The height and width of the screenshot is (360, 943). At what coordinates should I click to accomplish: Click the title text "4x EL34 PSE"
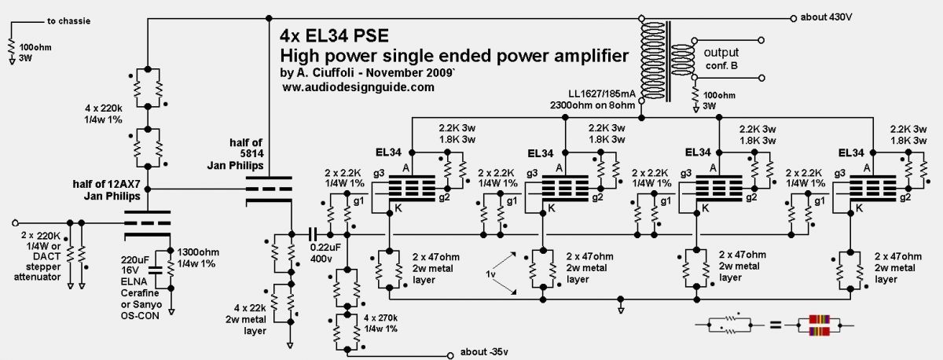(334, 36)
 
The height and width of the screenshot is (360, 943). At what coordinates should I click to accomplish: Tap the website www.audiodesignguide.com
(358, 87)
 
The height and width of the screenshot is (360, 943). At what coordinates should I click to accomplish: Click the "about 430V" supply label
(827, 17)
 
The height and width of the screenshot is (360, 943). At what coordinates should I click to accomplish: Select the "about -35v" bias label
(484, 351)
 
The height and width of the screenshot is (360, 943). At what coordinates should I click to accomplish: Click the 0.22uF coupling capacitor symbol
(313, 234)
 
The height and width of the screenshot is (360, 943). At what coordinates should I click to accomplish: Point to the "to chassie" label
(68, 21)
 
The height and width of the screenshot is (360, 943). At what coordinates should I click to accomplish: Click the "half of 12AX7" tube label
(106, 184)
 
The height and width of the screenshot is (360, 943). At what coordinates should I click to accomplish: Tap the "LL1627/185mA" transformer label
(602, 94)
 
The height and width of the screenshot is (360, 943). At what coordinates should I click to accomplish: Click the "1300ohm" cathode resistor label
(198, 252)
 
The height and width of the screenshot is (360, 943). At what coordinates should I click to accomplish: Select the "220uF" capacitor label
(134, 260)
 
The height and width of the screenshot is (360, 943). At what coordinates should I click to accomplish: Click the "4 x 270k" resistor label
(380, 318)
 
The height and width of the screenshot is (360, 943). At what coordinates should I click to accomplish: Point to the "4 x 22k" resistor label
(250, 308)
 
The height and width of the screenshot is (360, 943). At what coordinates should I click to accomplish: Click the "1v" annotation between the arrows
(490, 274)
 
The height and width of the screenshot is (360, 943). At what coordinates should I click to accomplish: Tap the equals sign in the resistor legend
(776, 325)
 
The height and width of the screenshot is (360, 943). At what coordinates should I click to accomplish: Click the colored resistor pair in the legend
(819, 325)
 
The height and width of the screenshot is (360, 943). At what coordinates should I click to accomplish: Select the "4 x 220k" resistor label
(104, 108)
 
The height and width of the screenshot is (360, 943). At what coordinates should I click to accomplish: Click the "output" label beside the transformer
(721, 53)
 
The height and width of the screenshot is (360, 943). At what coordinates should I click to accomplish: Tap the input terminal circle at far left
(15, 222)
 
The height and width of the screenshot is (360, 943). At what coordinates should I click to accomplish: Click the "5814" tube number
(252, 154)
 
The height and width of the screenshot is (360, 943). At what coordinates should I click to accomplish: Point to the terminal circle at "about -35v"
(450, 355)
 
